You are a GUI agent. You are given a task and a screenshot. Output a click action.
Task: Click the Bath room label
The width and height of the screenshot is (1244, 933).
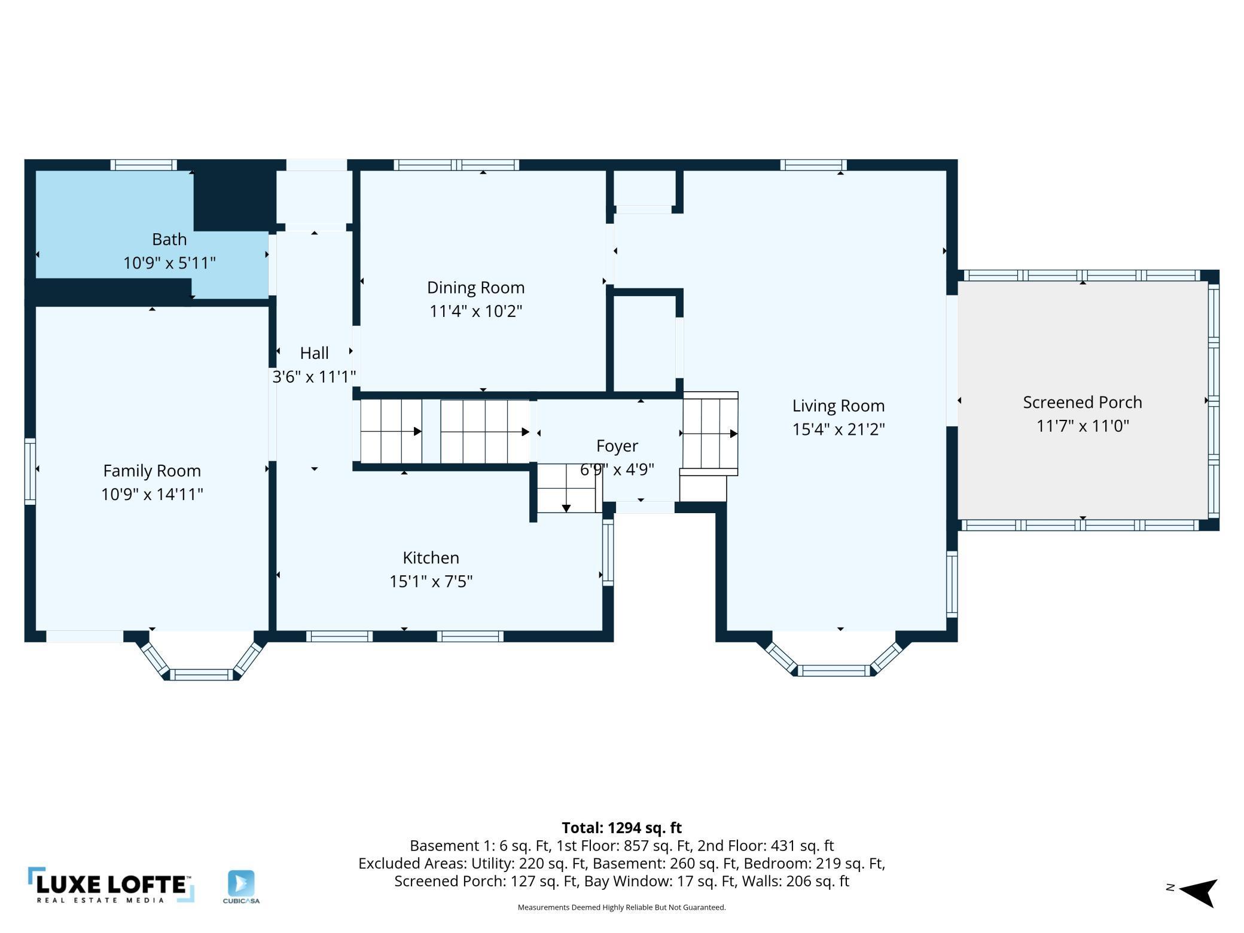169,239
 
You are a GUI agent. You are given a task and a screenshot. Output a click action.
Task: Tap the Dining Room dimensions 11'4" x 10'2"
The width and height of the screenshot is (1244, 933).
476,311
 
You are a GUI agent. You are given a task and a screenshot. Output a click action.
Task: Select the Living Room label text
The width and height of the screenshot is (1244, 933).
839,406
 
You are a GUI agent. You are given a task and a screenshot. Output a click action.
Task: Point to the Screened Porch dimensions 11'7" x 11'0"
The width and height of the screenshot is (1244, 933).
1083,426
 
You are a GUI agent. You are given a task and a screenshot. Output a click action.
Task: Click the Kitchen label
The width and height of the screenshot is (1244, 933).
431,557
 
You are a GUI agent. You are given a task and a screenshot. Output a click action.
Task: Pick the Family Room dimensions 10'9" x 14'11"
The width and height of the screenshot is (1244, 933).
152,494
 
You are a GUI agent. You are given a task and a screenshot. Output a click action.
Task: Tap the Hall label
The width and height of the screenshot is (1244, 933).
314,353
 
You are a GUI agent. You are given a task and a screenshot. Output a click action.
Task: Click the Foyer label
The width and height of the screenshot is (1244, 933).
617,446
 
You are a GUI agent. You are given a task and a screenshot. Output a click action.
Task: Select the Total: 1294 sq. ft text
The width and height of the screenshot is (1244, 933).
621,828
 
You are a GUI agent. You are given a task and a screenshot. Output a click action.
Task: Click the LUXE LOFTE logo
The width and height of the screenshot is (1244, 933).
111,885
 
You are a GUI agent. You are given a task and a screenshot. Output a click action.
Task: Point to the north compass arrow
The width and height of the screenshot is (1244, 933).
1198,892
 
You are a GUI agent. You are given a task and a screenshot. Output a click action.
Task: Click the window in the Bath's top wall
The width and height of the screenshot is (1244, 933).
144,165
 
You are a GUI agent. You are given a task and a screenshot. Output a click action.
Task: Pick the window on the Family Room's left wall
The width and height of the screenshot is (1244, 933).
30,471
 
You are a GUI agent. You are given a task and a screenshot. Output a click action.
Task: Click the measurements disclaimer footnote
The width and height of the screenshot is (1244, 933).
621,907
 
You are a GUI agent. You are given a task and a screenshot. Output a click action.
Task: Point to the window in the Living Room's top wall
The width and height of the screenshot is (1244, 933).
813,165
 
